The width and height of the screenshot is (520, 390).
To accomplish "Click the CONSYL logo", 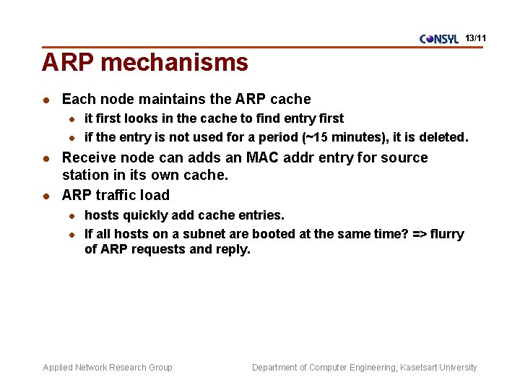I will tap(438, 39).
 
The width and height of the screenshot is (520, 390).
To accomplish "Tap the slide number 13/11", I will tap(476, 37).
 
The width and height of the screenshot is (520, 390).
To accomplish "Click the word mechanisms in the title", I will tap(175, 63).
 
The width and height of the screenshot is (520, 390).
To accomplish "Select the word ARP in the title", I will tap(69, 63).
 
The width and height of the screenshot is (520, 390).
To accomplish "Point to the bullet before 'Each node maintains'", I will tap(45, 100).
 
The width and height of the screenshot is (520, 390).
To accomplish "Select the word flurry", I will tap(448, 234).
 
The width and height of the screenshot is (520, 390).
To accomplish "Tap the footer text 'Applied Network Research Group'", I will tap(108, 368).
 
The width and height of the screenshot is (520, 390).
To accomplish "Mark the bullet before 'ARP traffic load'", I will tap(45, 196).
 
